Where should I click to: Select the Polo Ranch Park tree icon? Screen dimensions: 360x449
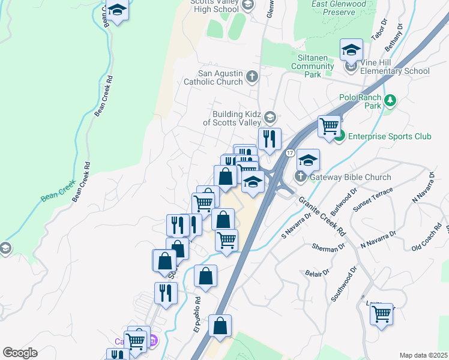391,100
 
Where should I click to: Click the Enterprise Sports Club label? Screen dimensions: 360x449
390,137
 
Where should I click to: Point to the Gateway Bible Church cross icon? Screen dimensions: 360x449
301,176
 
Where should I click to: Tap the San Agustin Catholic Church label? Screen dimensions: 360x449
213,77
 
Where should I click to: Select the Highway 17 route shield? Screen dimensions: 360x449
290,154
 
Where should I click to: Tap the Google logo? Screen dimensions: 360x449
20,353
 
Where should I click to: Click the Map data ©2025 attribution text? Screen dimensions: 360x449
423,355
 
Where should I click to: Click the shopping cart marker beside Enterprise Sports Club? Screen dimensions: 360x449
329,127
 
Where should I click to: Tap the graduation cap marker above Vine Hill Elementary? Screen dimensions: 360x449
351,50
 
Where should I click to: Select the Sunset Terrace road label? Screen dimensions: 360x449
373,199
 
